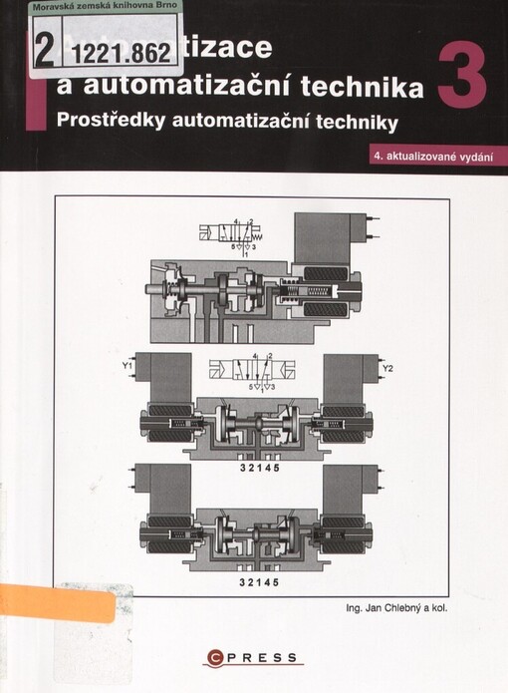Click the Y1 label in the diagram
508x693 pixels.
127,369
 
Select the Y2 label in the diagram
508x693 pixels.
388,370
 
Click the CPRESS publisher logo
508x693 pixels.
253,655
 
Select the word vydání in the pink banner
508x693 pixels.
475,157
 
